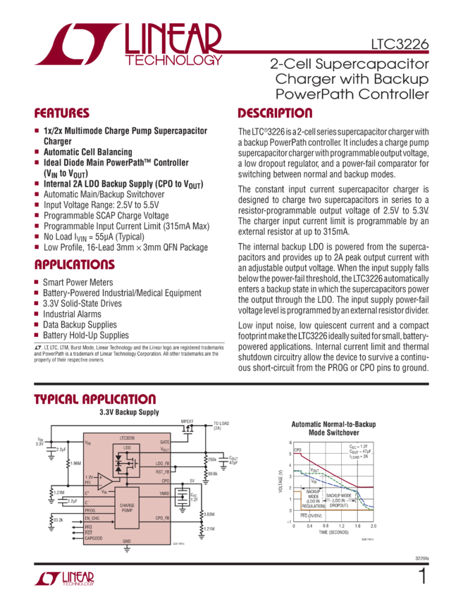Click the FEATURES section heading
tap(63, 113)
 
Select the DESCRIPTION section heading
tap(275, 113)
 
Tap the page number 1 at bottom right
tap(423, 577)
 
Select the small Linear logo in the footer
tap(63, 579)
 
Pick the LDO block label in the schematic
tap(126, 447)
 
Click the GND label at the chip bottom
tap(127, 541)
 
